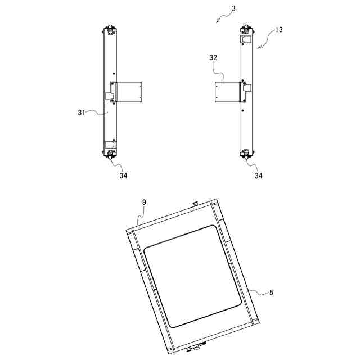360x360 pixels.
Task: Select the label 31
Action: (x=81, y=112)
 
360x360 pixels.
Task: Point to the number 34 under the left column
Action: (x=123, y=175)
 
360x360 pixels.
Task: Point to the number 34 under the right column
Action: (x=258, y=175)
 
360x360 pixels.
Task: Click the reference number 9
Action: (x=144, y=201)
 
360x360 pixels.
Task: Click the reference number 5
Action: (x=271, y=292)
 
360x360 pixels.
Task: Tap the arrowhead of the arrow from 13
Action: (x=258, y=48)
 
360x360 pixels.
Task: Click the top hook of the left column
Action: (x=110, y=26)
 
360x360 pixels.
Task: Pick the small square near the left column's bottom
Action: (x=110, y=145)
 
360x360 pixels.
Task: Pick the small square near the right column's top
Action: (x=246, y=40)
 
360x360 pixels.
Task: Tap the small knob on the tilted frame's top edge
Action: (x=195, y=202)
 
